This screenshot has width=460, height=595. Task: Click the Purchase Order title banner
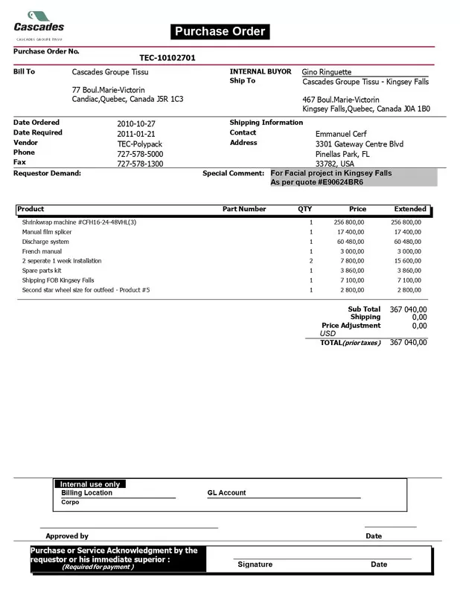point(220,31)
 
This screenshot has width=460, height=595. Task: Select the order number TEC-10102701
point(167,57)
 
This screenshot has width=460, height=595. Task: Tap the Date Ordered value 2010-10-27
point(138,123)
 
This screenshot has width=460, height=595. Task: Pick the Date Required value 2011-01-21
point(138,133)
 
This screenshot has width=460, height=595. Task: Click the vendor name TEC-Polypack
point(139,144)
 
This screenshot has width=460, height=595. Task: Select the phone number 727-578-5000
point(140,153)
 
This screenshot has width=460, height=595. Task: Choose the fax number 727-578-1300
point(140,164)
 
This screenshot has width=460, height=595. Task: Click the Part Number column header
point(244,210)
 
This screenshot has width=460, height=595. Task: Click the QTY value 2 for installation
point(310,261)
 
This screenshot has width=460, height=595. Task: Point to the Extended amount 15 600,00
point(406,261)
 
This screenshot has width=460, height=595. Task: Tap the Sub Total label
point(364,309)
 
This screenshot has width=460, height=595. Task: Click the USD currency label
point(328,334)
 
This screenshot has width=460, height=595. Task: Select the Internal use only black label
point(89,484)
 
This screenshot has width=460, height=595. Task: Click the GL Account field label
point(226,493)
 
